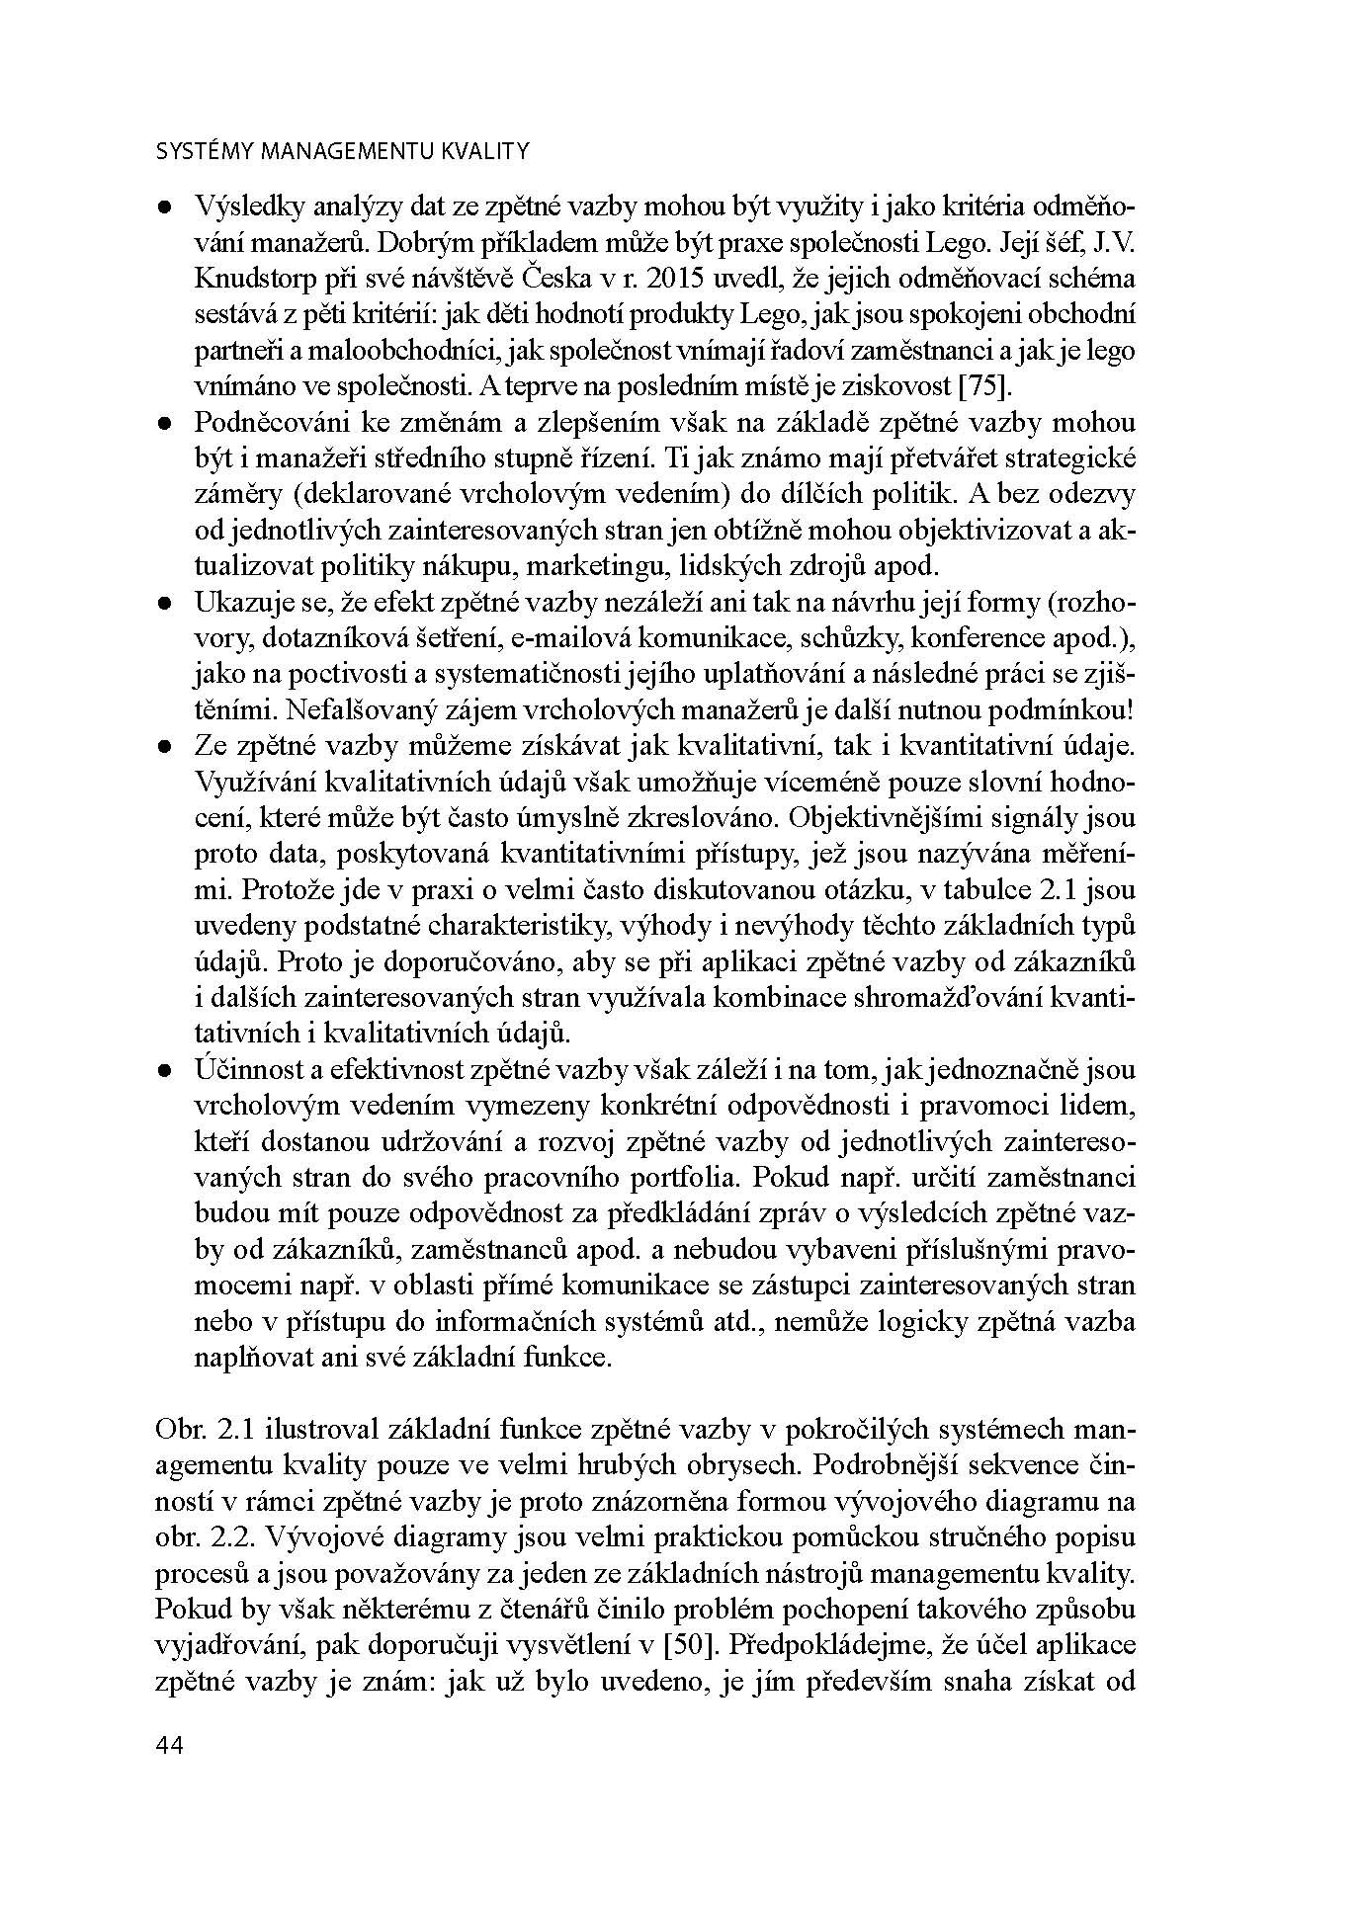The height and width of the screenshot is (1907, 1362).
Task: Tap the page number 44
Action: pos(170,1745)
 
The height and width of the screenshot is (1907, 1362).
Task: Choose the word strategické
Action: pos(1066,458)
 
